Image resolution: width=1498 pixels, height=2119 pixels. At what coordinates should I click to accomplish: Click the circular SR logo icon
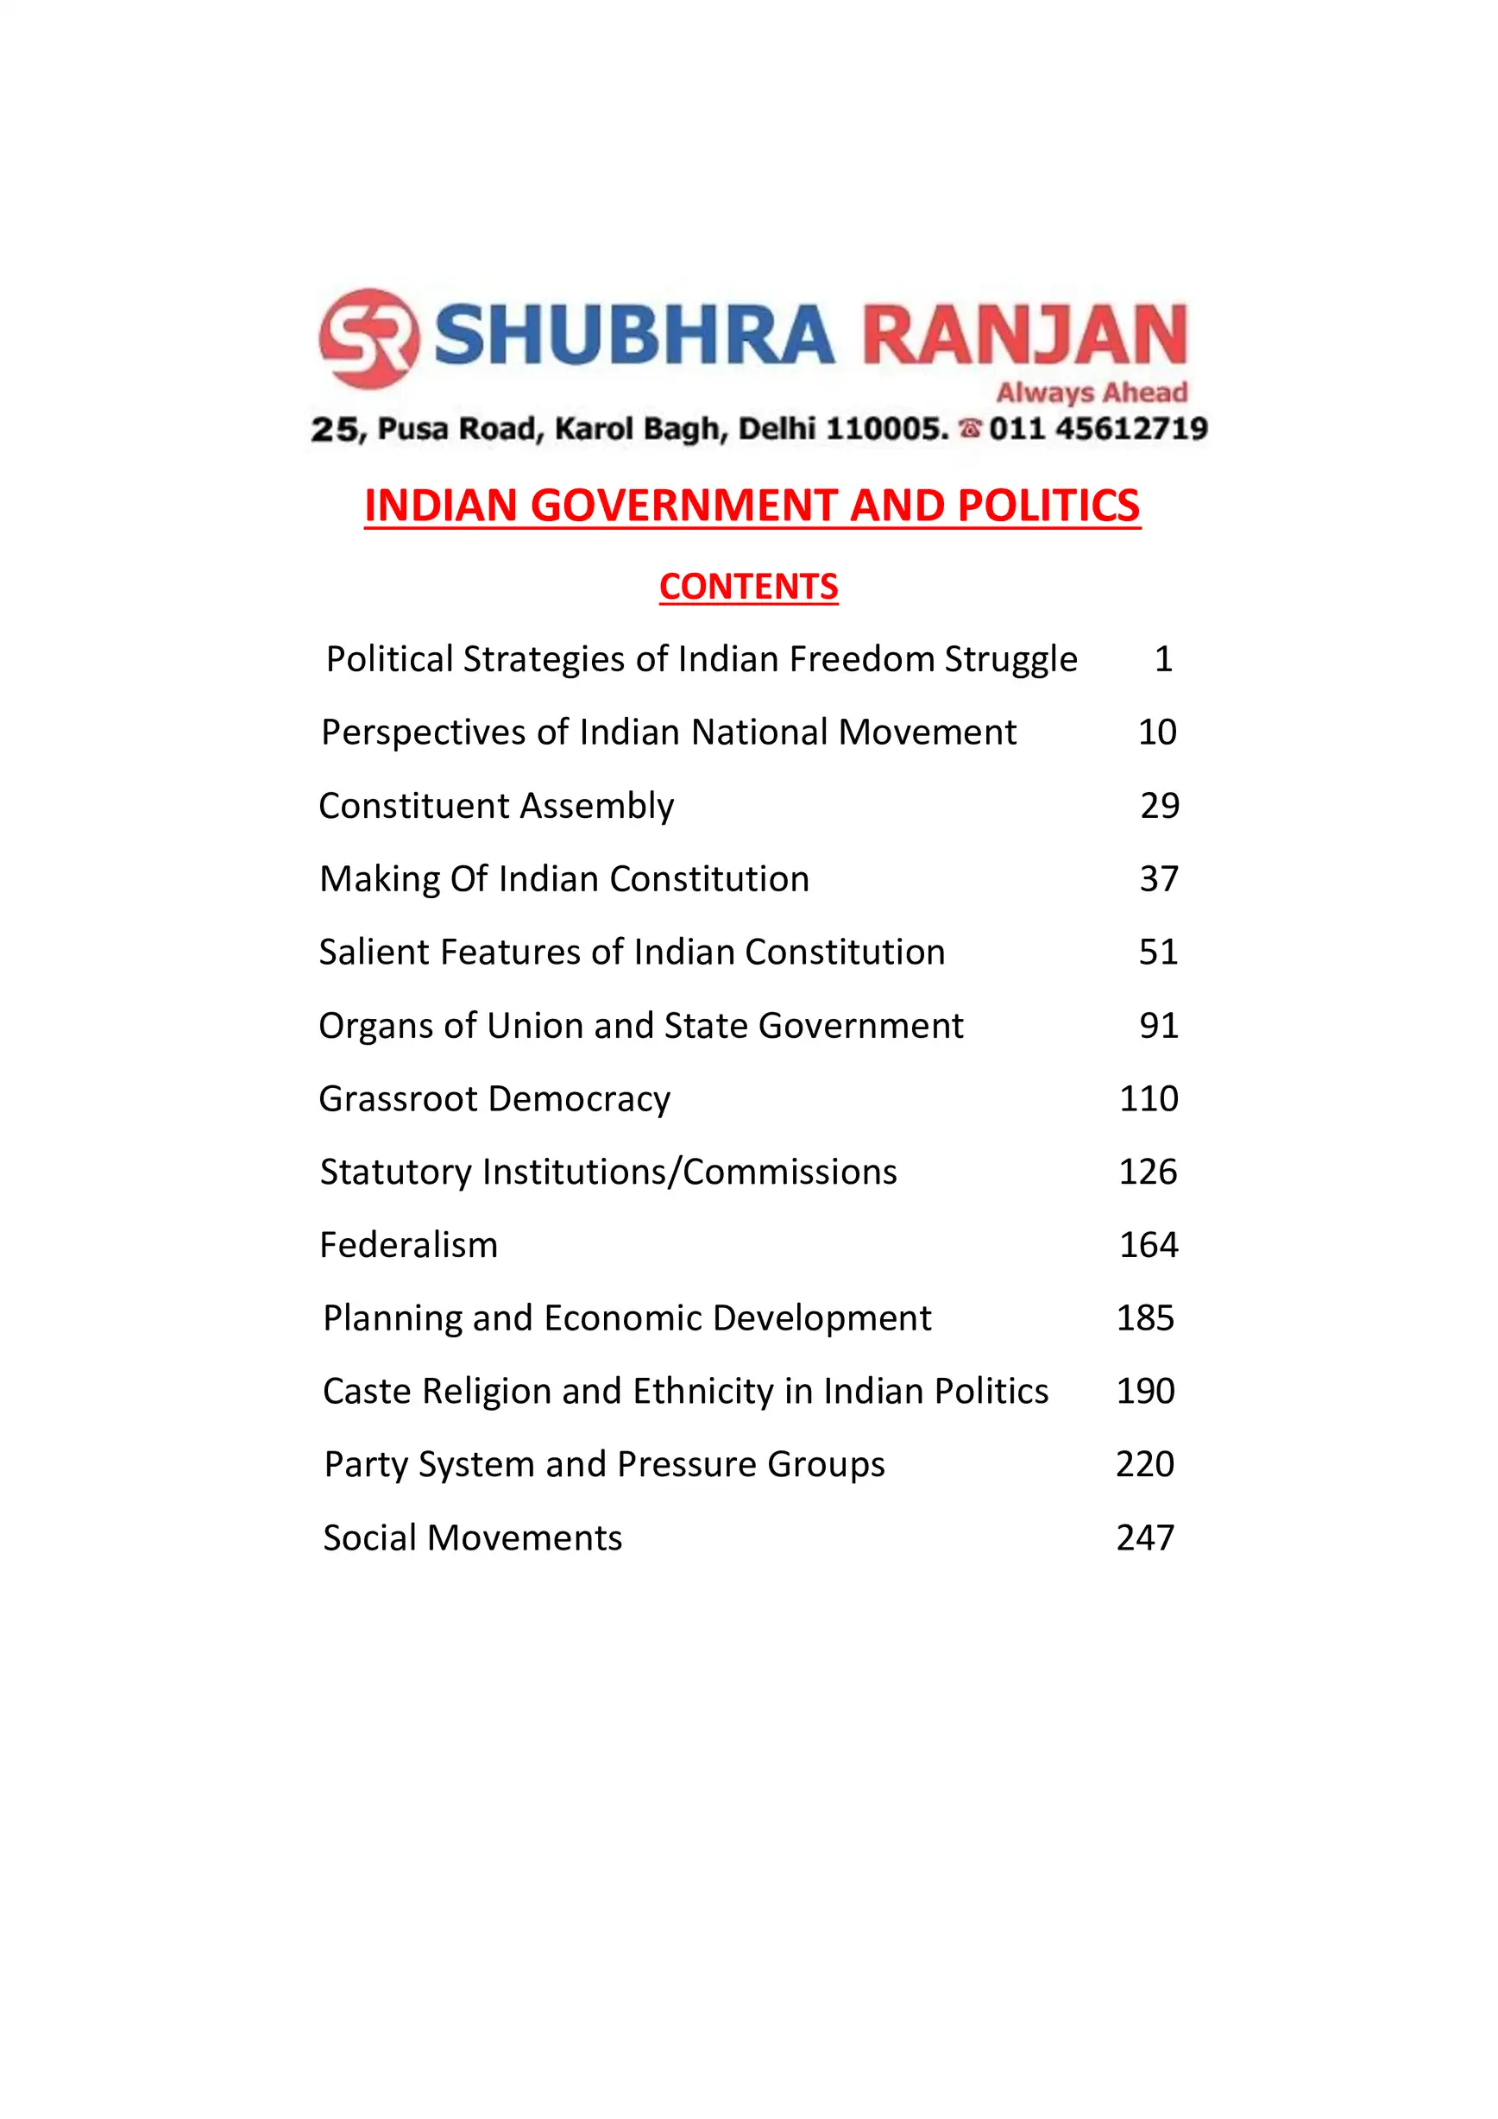[369, 338]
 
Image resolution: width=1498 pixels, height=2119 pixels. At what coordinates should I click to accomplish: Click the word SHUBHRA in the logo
[634, 334]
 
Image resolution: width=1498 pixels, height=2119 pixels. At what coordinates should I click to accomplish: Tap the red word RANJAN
[1024, 334]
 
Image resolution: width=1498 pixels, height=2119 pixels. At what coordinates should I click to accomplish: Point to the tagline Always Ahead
[1091, 393]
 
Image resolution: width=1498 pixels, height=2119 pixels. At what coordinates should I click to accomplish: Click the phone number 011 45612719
[1098, 429]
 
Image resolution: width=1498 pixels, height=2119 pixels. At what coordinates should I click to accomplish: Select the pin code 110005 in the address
[887, 429]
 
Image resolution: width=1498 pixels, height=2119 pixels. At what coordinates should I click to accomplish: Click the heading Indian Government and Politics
[752, 506]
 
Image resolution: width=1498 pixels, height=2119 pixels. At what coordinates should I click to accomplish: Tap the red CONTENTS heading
[748, 587]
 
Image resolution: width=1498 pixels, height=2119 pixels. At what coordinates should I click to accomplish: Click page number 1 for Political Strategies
[1163, 659]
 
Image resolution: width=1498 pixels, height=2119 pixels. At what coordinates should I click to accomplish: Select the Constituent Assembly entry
[496, 806]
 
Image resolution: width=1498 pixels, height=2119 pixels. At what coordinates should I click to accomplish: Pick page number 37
[1158, 878]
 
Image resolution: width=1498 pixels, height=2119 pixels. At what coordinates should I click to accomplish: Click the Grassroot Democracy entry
[494, 1098]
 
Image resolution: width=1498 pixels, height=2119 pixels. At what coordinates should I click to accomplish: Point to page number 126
[1148, 1171]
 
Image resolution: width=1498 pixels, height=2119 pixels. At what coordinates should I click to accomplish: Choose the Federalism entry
[409, 1245]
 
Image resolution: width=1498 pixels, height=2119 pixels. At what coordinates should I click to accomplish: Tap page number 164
[1149, 1245]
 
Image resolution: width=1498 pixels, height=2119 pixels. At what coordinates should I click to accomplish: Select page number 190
[1144, 1391]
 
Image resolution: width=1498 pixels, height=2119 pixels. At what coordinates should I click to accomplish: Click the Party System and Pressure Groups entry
[605, 1464]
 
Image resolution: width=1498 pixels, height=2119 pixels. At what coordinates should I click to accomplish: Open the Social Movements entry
[473, 1537]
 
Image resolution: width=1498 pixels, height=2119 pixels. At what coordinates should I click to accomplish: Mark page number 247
[1144, 1537]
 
